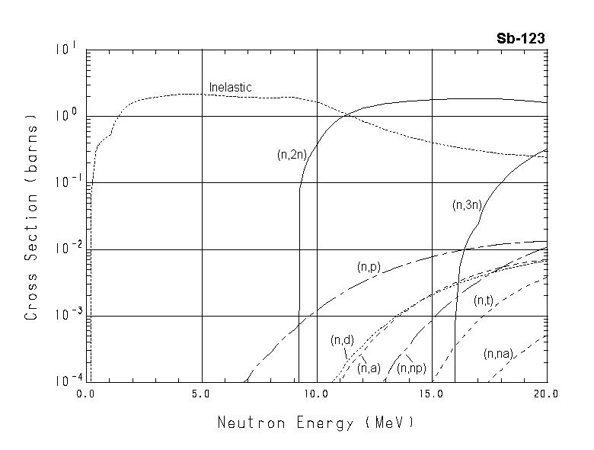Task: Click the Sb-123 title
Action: [520, 39]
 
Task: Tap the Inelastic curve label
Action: [230, 88]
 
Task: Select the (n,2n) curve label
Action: [292, 155]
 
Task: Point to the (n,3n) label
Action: [466, 204]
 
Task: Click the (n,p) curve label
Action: [369, 267]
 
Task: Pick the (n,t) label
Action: [484, 301]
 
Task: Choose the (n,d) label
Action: [340, 340]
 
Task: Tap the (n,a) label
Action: [369, 368]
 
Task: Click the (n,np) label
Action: [411, 368]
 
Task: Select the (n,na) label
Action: [499, 354]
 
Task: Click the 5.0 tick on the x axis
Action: [202, 394]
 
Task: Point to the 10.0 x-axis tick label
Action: [316, 394]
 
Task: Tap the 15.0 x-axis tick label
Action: [431, 394]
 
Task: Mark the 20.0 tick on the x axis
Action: [545, 394]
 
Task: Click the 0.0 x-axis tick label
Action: [86, 394]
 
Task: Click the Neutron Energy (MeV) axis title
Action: [316, 422]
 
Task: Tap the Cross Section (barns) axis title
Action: [31, 216]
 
